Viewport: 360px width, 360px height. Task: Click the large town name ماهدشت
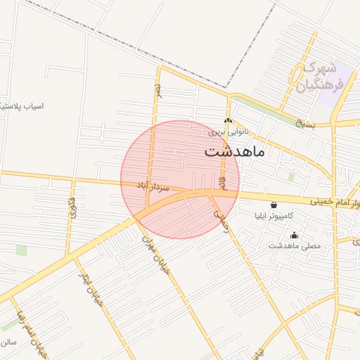pyautogui.click(x=235, y=151)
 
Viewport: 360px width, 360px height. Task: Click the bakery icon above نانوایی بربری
pyautogui.click(x=228, y=121)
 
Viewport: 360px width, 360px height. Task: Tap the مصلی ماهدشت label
pyautogui.click(x=295, y=246)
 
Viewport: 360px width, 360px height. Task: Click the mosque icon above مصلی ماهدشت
pyautogui.click(x=294, y=235)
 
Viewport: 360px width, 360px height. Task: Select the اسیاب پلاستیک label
pyautogui.click(x=22, y=106)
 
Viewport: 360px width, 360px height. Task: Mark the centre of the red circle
pyautogui.click(x=180, y=179)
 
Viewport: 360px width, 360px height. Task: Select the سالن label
pyautogui.click(x=8, y=342)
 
